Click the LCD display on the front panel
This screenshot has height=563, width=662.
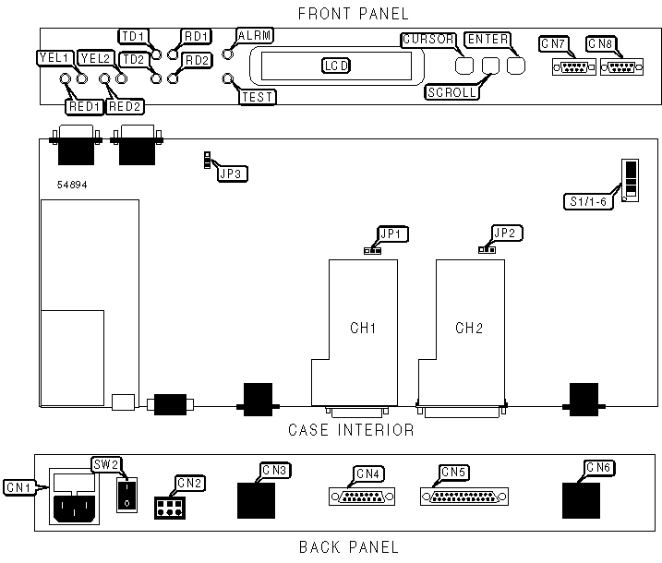335,66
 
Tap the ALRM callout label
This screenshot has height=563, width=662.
254,35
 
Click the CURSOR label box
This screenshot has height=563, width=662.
428,40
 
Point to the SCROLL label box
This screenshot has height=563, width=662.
451,92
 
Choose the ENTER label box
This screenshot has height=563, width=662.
486,40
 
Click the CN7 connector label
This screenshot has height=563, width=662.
555,43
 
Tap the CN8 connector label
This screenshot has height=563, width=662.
600,43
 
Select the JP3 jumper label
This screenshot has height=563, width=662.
233,172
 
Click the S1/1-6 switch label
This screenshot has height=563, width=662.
586,201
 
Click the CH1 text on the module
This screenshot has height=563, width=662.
363,328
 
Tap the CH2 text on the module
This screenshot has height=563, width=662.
469,328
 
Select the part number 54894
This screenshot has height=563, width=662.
71,185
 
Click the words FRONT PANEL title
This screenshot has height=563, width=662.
353,13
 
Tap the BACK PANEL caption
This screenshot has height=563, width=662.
349,547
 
